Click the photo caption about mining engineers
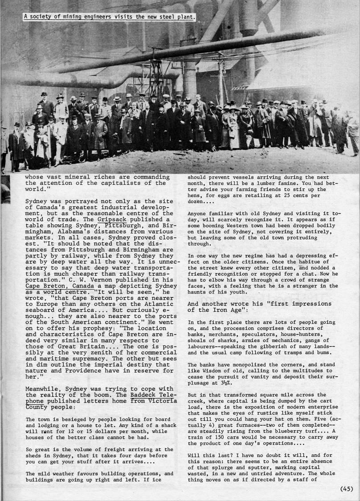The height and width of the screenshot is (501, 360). (110, 17)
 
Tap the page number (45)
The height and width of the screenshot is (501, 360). (347, 489)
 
